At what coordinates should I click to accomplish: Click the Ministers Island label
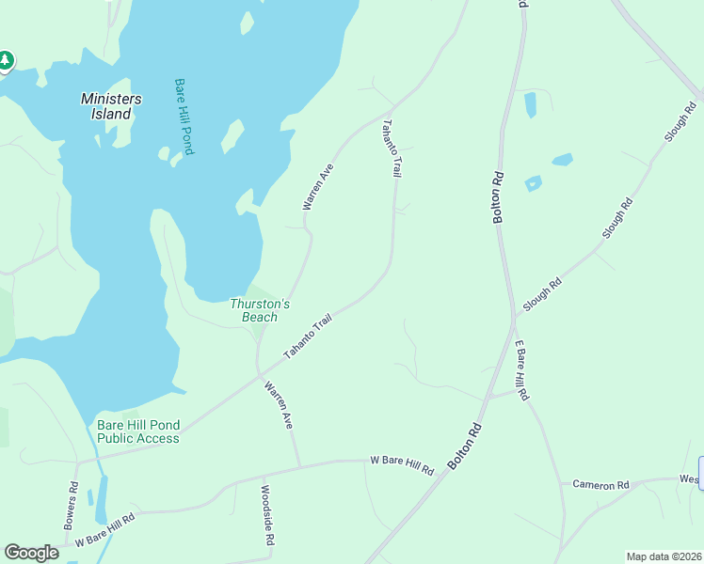[105, 105]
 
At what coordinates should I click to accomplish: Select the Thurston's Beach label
[260, 310]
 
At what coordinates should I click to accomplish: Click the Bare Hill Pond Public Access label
[138, 431]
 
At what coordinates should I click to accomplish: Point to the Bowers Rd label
[71, 506]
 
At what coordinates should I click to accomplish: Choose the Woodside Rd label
[267, 515]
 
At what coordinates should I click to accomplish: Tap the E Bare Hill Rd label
[520, 367]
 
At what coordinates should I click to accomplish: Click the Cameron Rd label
[600, 485]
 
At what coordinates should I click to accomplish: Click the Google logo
[31, 553]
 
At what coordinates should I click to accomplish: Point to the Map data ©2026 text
[664, 556]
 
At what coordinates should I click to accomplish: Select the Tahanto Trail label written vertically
[393, 148]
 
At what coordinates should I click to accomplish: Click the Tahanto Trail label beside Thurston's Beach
[309, 337]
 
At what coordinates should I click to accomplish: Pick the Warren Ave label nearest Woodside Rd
[280, 405]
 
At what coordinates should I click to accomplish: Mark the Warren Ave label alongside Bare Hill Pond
[318, 186]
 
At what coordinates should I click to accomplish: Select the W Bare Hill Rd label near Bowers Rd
[105, 529]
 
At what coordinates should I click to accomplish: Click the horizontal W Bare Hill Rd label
[402, 463]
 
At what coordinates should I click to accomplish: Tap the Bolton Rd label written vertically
[499, 196]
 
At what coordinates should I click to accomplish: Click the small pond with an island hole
[533, 183]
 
